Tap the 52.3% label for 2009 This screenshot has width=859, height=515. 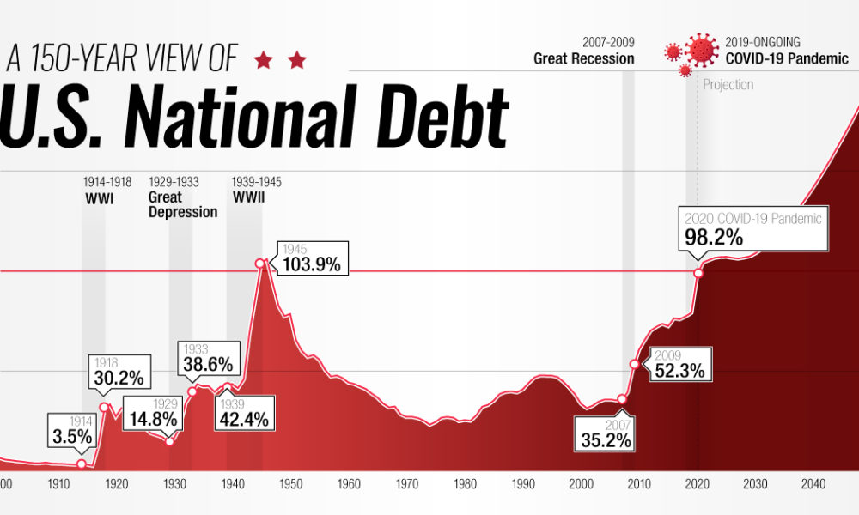(x=679, y=365)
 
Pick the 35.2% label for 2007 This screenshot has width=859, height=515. (x=605, y=433)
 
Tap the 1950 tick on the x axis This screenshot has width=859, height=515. (x=290, y=484)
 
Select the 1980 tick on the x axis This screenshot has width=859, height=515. (x=465, y=484)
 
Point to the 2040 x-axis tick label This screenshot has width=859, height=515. (x=813, y=484)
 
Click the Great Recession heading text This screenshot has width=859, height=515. (x=583, y=59)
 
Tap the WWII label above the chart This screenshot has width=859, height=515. (x=248, y=197)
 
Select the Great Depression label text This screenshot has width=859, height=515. (x=182, y=204)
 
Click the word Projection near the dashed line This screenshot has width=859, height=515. (x=728, y=84)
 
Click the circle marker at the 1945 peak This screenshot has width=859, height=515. (x=259, y=264)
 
